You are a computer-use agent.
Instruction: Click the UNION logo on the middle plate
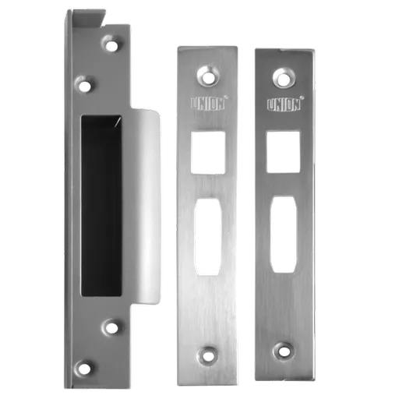[208, 104]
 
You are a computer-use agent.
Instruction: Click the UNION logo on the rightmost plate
[284, 104]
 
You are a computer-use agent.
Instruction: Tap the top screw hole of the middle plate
[208, 76]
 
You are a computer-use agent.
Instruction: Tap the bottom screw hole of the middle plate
[207, 356]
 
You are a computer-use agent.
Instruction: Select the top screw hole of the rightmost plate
[283, 78]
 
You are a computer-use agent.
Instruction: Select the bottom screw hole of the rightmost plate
[284, 351]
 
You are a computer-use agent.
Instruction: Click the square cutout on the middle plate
[208, 153]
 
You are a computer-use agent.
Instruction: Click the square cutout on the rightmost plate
[284, 152]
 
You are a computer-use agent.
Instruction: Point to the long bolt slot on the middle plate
[208, 237]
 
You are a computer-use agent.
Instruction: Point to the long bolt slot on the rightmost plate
[284, 235]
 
